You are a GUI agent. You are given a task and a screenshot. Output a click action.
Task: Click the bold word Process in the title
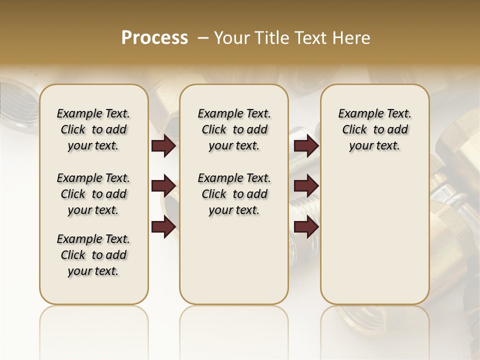(154, 38)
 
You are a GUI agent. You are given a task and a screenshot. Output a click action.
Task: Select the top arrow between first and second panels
(163, 146)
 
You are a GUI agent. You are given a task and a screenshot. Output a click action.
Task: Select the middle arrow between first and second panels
(163, 186)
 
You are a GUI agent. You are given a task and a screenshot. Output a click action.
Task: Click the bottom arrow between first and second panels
(163, 227)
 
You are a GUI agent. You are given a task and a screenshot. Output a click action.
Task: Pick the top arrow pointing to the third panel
(306, 146)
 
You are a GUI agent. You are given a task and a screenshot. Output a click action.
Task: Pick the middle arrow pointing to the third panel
(306, 186)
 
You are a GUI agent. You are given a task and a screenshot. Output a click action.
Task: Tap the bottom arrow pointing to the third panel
(306, 227)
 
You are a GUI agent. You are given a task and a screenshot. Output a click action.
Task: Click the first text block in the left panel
(93, 129)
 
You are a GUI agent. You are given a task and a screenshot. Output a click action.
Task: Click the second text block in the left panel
(93, 194)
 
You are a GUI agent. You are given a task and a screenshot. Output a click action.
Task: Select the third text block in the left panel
(93, 255)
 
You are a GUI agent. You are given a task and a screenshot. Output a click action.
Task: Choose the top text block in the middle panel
(234, 129)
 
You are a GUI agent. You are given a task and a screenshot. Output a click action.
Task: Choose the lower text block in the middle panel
(234, 194)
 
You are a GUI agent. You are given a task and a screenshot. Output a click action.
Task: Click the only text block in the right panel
(374, 129)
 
